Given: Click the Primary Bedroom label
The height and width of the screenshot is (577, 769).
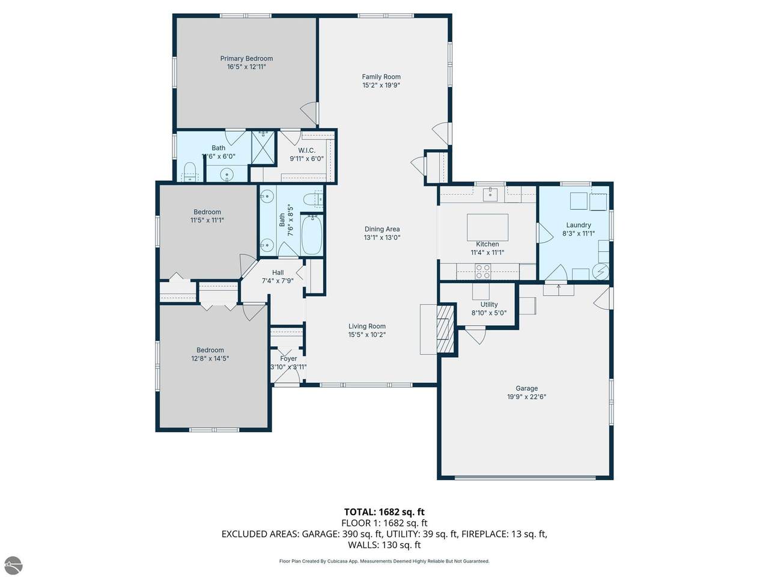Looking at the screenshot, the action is [246, 58].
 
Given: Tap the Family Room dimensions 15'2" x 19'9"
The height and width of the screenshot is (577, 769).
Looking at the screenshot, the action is [381, 85].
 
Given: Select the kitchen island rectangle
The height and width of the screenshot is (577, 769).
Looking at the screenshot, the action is [487, 227].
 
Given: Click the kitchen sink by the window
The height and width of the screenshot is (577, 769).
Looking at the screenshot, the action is [490, 194].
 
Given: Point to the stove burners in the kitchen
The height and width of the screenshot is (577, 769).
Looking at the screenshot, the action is [482, 271].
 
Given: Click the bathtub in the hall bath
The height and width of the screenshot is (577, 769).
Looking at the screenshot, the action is [311, 234].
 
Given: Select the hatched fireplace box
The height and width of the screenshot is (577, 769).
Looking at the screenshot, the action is [445, 329].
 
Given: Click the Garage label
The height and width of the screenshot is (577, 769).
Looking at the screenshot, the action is [526, 388].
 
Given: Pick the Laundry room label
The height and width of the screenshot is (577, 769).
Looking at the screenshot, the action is [579, 225].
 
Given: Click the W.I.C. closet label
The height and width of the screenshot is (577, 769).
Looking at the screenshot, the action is [306, 150].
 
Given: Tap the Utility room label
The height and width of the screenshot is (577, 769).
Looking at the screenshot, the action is [488, 305].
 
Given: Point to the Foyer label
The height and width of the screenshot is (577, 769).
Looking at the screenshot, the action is [288, 358].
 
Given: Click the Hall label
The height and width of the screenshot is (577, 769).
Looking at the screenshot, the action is [278, 272].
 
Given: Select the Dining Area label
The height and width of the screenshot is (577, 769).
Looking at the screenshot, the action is [382, 229].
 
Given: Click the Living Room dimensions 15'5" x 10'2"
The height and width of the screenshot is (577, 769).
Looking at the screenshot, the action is [367, 335].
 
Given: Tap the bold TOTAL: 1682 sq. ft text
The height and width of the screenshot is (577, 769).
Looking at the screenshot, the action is [384, 512].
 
